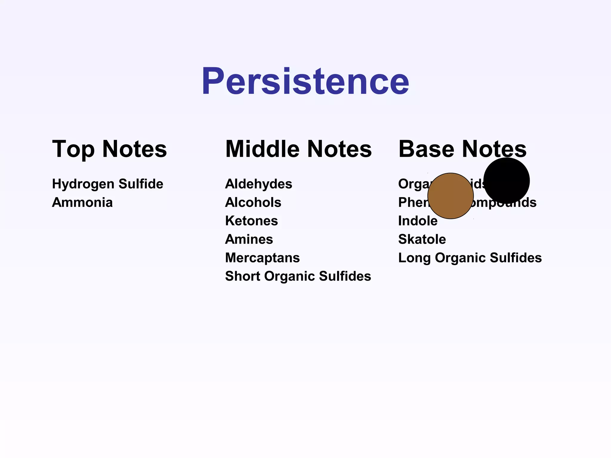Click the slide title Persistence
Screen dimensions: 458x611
tap(305, 81)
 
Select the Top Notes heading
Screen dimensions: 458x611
tap(109, 149)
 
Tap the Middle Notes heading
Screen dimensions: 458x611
tap(298, 149)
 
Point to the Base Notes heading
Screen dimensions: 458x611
tap(462, 149)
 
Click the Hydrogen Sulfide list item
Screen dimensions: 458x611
tap(107, 184)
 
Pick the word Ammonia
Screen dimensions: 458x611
tap(82, 202)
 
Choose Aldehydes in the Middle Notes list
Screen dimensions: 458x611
tap(258, 184)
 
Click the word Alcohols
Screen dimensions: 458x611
tap(253, 202)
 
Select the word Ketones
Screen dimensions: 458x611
tap(251, 221)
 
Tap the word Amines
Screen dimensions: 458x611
tap(249, 239)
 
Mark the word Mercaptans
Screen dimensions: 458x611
tap(262, 258)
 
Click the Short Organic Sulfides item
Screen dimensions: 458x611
tap(298, 276)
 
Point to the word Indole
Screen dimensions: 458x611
tap(418, 221)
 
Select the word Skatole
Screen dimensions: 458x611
tap(422, 239)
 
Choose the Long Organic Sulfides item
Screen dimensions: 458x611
tap(470, 258)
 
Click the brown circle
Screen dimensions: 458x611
tap(450, 196)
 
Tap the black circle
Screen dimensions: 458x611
tap(507, 180)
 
